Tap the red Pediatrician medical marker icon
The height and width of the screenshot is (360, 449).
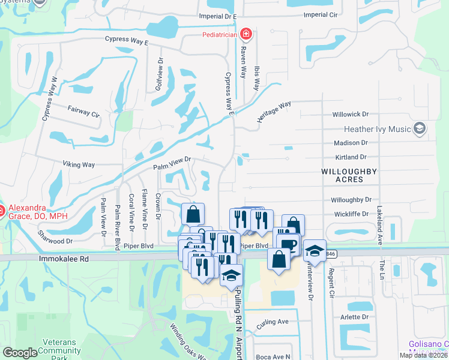pyautogui.click(x=245, y=34)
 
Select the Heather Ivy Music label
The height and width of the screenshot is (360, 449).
pyautogui.click(x=377, y=129)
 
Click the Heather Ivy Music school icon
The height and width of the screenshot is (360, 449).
pyautogui.click(x=420, y=128)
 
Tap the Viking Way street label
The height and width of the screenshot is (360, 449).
pyautogui.click(x=79, y=164)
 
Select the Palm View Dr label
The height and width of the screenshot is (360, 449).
pyautogui.click(x=172, y=163)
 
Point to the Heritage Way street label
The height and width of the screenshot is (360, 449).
pyautogui.click(x=274, y=112)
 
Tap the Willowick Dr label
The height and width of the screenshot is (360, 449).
pyautogui.click(x=349, y=114)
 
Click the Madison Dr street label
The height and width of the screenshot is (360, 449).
pyautogui.click(x=351, y=143)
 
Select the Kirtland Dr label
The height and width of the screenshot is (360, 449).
pyautogui.click(x=351, y=157)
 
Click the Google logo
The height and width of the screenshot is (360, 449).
pyautogui.click(x=20, y=353)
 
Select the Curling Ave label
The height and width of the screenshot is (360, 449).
pyautogui.click(x=273, y=322)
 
